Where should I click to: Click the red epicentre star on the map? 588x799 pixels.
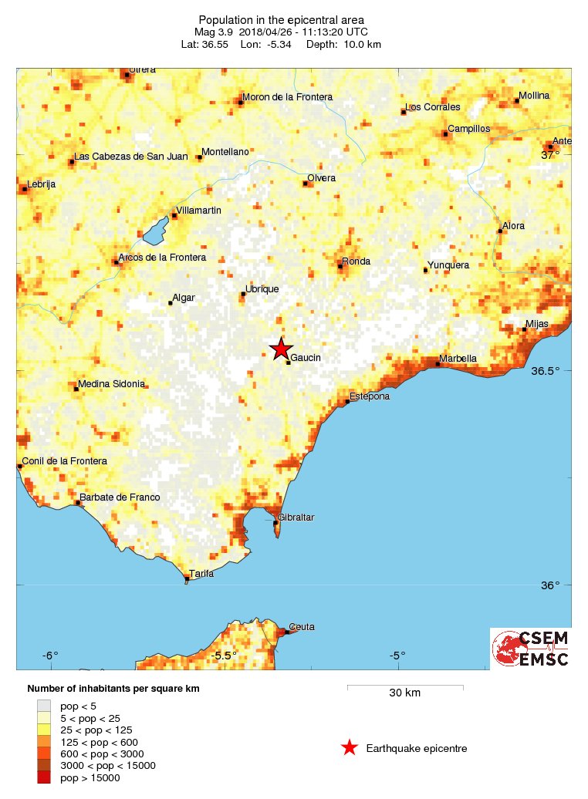281,349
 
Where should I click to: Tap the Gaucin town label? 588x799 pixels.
306,358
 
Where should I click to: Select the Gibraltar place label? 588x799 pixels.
296,517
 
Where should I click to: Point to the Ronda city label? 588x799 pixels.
357,261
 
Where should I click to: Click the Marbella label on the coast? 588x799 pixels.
458,359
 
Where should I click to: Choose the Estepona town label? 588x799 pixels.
369,396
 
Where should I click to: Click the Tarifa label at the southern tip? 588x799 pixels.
201,573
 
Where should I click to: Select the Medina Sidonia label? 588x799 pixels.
112,384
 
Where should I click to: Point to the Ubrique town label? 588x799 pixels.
262,289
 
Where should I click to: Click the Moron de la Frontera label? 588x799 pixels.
287,97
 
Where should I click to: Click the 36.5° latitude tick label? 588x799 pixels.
546,371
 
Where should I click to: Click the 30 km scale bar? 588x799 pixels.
404,686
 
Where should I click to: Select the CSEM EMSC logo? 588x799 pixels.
531,649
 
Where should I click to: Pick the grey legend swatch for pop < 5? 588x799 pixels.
45,706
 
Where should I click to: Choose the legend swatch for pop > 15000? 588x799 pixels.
45,777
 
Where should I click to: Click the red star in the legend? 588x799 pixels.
350,747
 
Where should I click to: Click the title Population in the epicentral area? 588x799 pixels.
281,20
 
